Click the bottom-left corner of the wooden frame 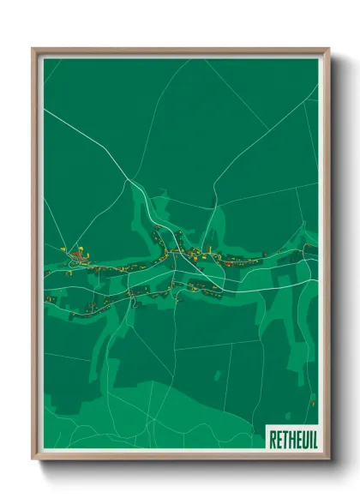(x=33, y=458)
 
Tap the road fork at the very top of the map (x=188, y=61)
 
